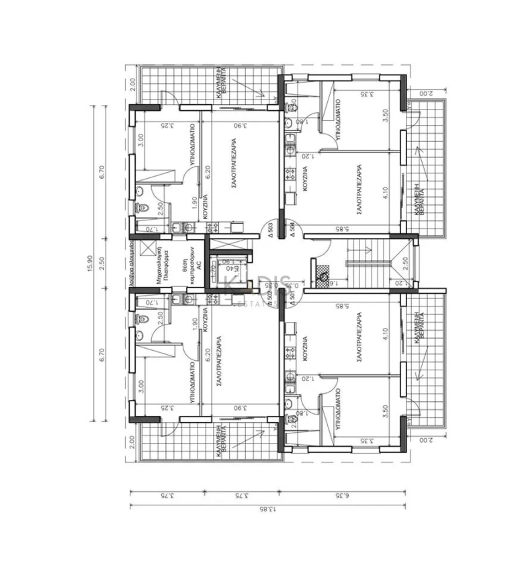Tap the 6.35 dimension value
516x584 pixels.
pyautogui.click(x=341, y=496)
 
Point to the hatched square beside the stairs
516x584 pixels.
pyautogui.click(x=322, y=275)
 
